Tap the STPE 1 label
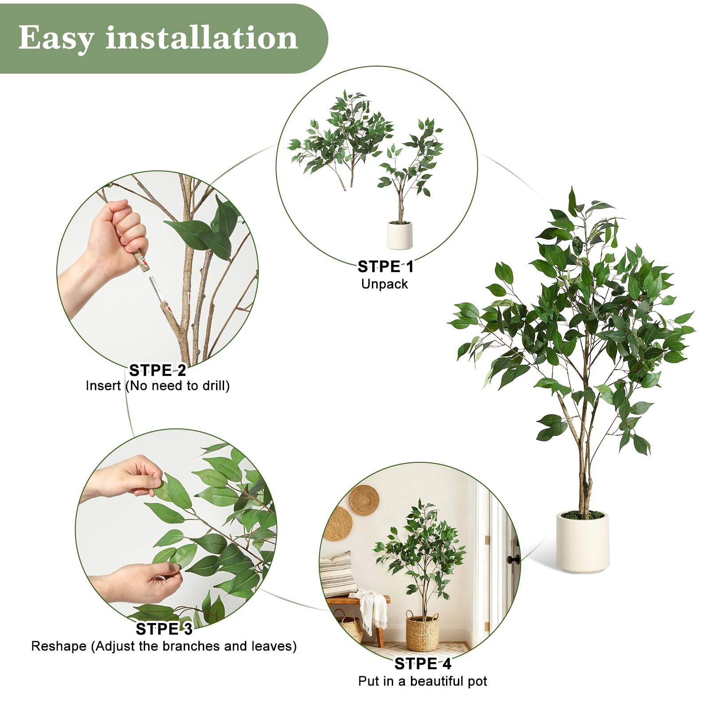point(386,267)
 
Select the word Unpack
point(384,284)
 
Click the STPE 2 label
point(158,370)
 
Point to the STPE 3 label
point(164,629)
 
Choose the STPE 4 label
point(423,664)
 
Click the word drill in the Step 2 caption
point(214,386)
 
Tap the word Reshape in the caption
point(59,646)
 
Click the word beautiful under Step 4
point(436,681)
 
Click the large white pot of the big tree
point(583,542)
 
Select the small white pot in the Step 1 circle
point(399,235)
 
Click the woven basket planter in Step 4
point(422,631)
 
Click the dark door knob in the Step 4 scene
point(514,560)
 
